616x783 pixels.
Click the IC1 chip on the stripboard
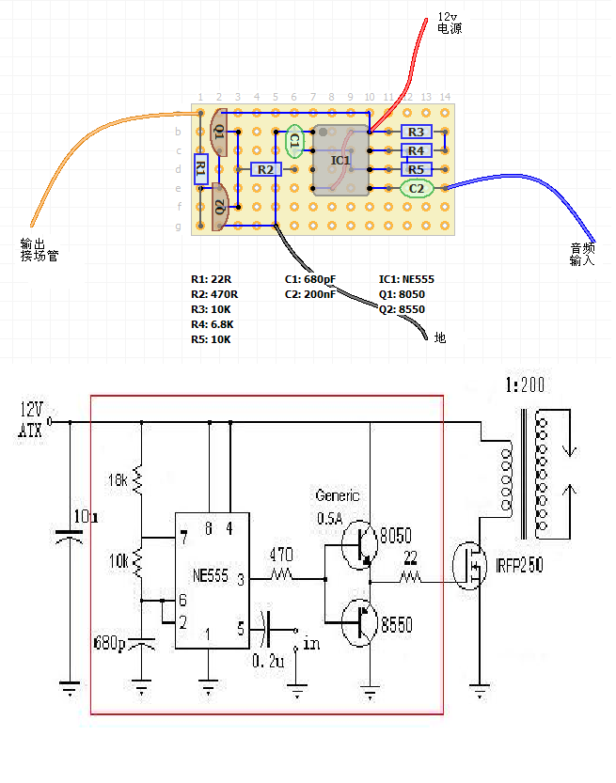coord(340,160)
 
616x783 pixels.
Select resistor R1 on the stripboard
coord(200,170)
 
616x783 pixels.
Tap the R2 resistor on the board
coord(265,169)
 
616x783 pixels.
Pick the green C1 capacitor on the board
coord(294,141)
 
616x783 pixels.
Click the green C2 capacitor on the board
coord(417,189)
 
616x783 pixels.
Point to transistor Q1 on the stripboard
coord(220,132)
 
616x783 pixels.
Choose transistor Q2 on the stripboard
coord(220,208)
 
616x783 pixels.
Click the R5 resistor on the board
coord(416,169)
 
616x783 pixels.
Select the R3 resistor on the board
coord(416,132)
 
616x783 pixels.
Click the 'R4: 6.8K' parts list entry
coord(213,324)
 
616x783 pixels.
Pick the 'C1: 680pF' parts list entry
coord(310,279)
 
